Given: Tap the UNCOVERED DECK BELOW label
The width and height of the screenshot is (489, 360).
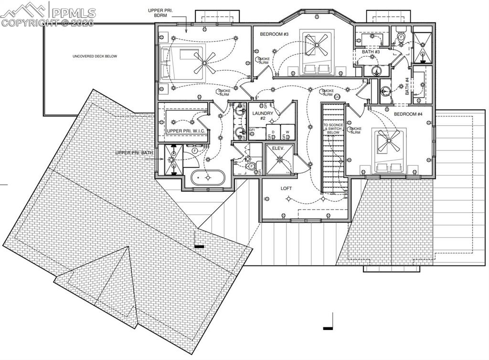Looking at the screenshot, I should [95, 56].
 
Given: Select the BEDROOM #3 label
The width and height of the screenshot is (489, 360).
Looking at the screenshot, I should [274, 34].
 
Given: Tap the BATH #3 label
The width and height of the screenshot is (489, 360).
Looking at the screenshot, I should [371, 52].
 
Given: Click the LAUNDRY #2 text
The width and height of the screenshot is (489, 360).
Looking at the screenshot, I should [263, 116].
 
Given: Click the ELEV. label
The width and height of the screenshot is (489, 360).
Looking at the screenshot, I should [278, 148].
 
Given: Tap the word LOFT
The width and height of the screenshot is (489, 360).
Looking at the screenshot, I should [286, 189].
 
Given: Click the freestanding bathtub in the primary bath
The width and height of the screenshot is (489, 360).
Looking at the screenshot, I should [207, 178].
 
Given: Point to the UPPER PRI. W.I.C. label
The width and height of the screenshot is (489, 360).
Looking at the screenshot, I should [185, 130].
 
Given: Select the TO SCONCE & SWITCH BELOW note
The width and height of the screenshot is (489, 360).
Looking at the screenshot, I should [333, 129].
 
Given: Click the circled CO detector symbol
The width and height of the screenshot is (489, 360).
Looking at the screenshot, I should [337, 97].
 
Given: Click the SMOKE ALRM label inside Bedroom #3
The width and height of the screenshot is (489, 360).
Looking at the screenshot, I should [264, 61].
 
